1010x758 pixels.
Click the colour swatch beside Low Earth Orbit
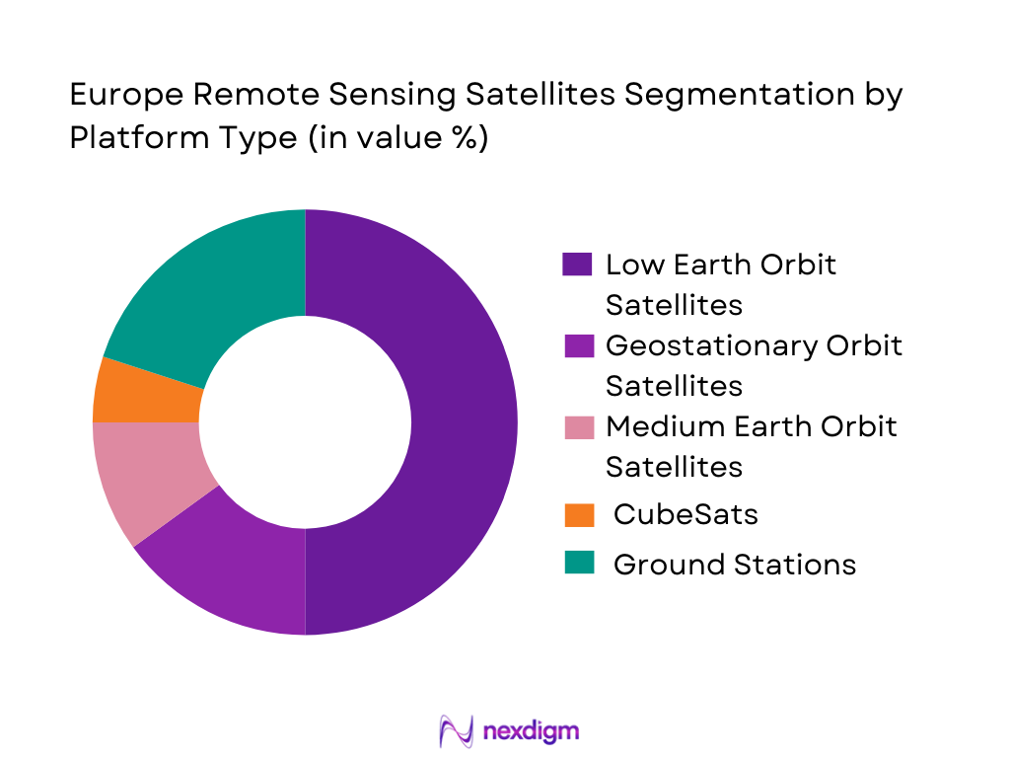[577, 265]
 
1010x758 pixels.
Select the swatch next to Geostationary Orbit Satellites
[577, 345]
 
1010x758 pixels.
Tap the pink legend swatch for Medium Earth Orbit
[577, 426]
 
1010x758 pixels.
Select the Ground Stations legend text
[734, 564]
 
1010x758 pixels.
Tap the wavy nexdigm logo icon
[457, 730]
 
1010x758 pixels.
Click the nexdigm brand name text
[533, 731]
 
